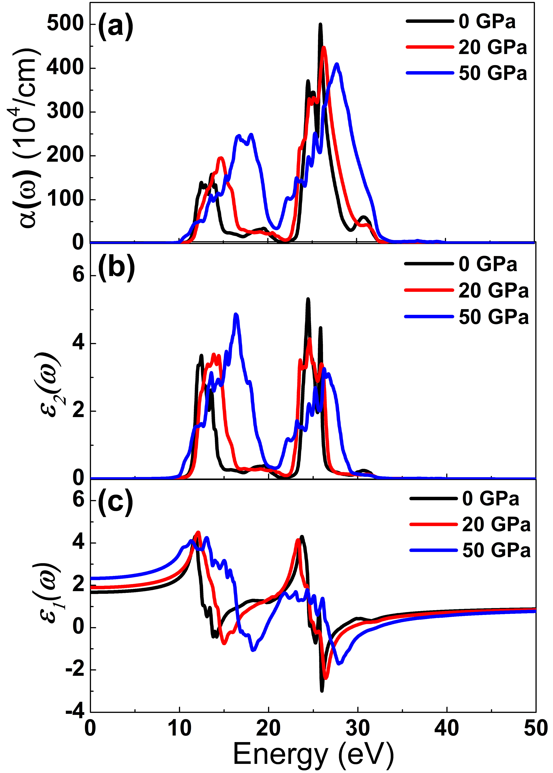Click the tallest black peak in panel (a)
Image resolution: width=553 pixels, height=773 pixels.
coord(320,25)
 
